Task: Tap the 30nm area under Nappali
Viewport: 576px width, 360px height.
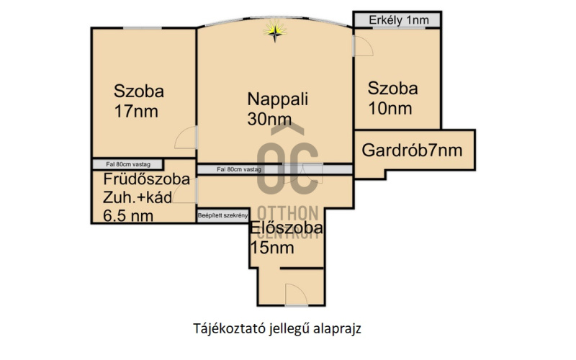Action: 269,120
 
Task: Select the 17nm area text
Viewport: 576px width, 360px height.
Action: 136,112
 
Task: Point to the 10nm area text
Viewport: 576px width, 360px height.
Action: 390,109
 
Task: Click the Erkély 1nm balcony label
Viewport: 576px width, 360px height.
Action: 397,20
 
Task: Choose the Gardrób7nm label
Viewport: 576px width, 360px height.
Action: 412,151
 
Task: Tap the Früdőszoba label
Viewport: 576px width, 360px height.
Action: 147,179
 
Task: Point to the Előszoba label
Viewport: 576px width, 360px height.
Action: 287,230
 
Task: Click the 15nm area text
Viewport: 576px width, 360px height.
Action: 272,248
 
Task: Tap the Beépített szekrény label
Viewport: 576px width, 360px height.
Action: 223,216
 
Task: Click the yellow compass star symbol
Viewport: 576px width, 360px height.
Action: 275,30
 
